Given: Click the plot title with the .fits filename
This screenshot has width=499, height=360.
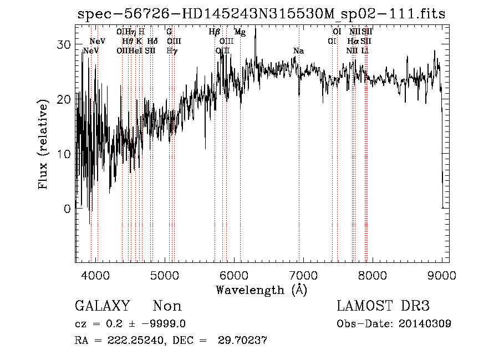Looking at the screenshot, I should click(261, 14).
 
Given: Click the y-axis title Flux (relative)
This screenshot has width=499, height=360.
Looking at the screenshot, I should click(43, 144).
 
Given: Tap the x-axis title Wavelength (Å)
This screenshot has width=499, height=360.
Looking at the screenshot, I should click(261, 290).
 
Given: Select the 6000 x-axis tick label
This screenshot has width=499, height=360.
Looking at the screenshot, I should click(233, 275).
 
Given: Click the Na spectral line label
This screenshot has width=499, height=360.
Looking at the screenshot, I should click(298, 51).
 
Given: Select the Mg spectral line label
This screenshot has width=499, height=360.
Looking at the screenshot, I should click(240, 32).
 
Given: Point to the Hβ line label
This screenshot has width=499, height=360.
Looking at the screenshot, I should click(215, 32).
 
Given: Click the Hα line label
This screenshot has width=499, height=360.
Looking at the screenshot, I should click(353, 41).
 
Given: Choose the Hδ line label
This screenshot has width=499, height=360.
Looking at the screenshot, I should click(152, 41).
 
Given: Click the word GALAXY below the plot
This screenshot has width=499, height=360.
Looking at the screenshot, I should click(102, 306).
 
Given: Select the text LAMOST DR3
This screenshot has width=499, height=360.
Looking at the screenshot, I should click(383, 306).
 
